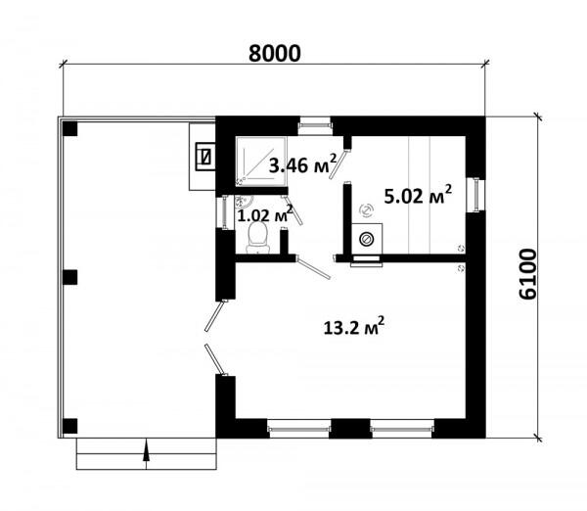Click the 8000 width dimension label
click(274, 53)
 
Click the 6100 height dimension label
click(527, 274)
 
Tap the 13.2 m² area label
click(354, 326)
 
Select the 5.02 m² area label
click(418, 194)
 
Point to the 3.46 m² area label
click(302, 163)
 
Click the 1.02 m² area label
click(265, 214)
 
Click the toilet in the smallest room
click(257, 238)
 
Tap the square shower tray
click(261, 162)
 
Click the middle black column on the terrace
click(70, 277)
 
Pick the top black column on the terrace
click(70, 129)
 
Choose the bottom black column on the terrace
click(70, 426)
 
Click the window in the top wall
click(314, 126)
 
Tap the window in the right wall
click(476, 195)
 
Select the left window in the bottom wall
click(299, 429)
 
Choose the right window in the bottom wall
click(402, 429)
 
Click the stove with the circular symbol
click(367, 239)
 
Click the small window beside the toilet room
click(225, 211)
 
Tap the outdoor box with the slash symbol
click(205, 157)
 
